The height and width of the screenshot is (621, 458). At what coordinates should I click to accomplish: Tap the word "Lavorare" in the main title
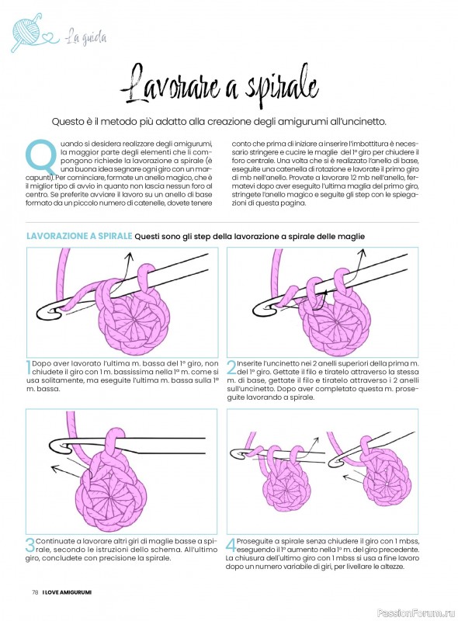(169, 85)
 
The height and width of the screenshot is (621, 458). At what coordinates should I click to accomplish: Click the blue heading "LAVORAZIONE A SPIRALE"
(79, 236)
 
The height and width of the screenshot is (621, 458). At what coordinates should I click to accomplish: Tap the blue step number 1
(29, 367)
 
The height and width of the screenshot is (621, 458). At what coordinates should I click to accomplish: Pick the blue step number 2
(231, 367)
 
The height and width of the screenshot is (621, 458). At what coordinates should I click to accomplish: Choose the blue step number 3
(30, 545)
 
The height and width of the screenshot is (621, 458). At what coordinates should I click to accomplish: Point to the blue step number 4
(231, 545)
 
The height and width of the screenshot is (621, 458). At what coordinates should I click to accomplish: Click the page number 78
(35, 592)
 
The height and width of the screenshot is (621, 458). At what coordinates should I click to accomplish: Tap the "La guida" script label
(86, 36)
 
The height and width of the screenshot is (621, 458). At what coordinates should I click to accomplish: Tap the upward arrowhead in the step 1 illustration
(129, 257)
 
